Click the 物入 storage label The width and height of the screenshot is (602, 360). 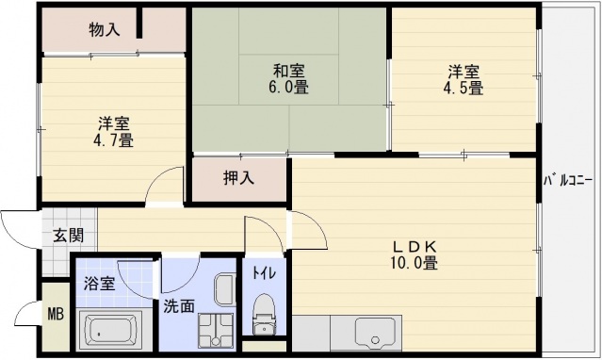pos(104,29)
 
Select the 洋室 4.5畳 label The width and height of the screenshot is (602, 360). pos(464,78)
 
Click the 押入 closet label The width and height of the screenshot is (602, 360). pos(237,177)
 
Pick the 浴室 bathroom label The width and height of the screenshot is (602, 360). pos(100,283)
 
